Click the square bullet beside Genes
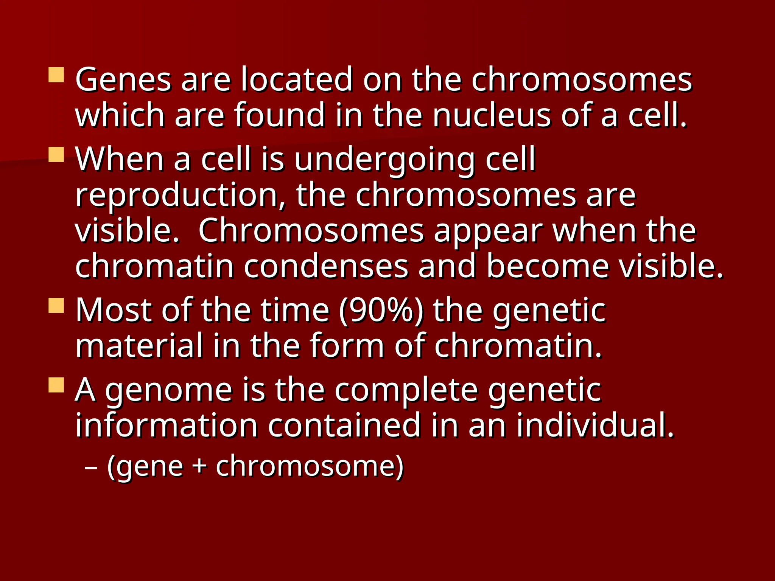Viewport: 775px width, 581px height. pos(56,75)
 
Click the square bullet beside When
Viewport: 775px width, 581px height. pos(56,154)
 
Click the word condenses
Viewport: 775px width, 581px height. pos(326,266)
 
